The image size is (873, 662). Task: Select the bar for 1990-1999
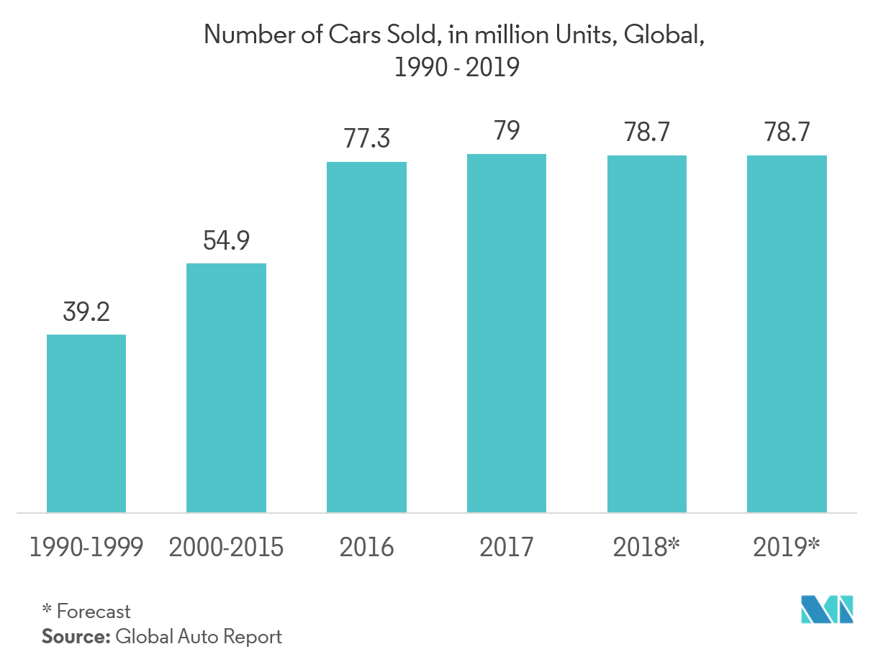(86, 423)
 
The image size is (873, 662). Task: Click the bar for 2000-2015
(226, 387)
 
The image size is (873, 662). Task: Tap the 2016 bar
(366, 337)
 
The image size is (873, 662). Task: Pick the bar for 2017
(506, 333)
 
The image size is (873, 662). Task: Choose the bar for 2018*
(646, 334)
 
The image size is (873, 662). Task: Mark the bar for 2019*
(787, 334)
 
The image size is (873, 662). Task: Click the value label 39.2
(86, 312)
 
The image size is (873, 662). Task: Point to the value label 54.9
(226, 240)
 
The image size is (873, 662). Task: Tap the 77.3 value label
(366, 138)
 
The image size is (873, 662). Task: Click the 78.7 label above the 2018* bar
(646, 132)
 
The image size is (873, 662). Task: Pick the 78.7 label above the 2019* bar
(787, 132)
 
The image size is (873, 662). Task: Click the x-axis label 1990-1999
(86, 548)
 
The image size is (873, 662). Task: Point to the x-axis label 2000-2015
(226, 548)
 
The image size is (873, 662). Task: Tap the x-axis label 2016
(366, 548)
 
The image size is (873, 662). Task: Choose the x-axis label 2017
(507, 548)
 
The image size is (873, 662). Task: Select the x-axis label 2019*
(787, 548)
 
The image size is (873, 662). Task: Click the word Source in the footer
(74, 636)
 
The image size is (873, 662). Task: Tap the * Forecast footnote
(86, 612)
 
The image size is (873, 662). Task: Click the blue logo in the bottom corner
(827, 609)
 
